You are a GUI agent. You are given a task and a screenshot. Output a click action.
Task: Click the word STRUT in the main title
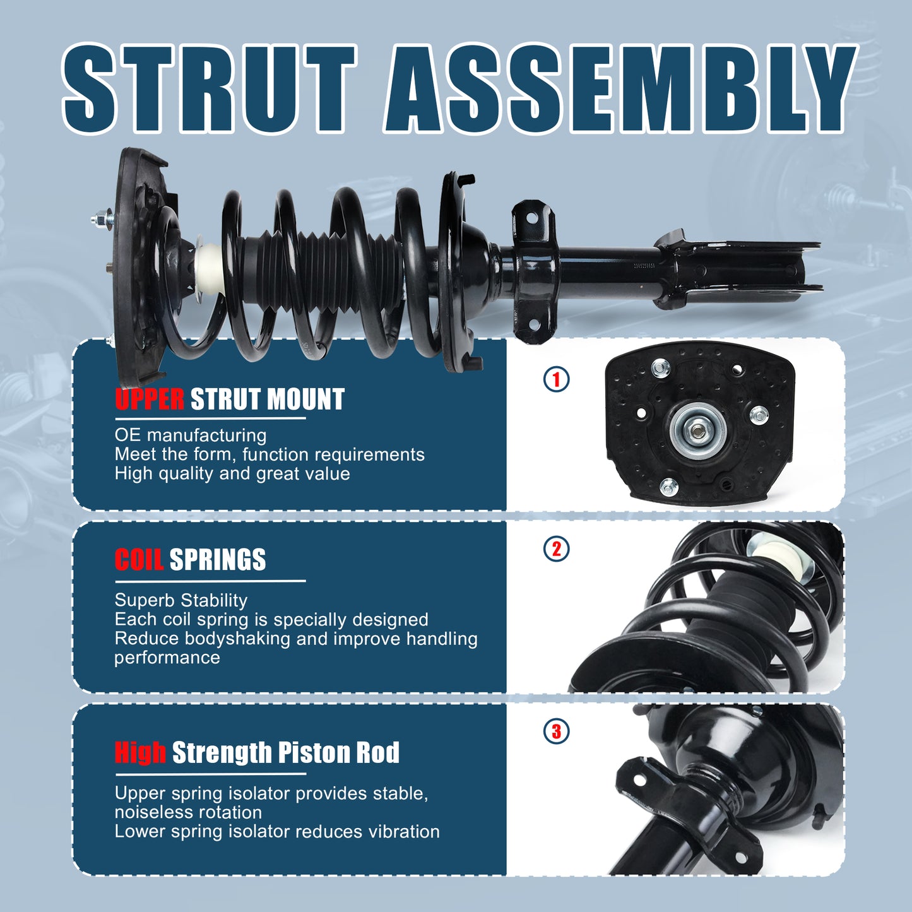click(209, 88)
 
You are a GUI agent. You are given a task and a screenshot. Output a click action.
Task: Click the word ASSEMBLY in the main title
click(621, 88)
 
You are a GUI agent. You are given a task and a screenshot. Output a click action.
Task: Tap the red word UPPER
click(150, 399)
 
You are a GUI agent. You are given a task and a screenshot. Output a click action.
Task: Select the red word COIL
click(139, 559)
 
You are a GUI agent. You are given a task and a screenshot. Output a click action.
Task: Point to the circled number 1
click(556, 379)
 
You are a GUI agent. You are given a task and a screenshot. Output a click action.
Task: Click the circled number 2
click(556, 548)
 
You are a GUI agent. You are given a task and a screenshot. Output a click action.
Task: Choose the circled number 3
click(556, 731)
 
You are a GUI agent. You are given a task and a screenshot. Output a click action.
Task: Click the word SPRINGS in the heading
click(218, 559)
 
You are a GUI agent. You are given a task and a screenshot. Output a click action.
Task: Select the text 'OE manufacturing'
click(190, 435)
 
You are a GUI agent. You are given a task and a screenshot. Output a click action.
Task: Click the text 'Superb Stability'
click(181, 600)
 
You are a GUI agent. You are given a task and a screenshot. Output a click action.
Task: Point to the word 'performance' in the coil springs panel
click(167, 658)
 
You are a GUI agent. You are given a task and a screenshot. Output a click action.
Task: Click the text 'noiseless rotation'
click(188, 812)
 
